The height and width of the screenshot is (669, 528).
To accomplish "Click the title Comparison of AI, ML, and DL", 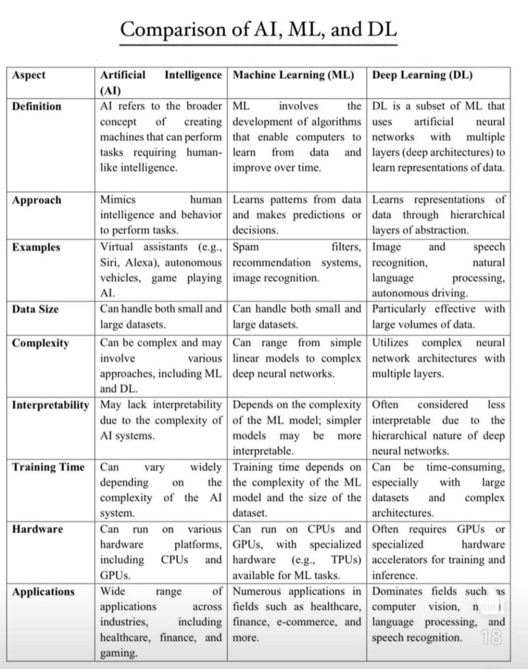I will click(258, 29).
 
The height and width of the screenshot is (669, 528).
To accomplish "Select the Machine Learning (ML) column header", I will click(293, 75).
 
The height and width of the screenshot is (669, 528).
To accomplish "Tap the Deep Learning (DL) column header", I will click(422, 75).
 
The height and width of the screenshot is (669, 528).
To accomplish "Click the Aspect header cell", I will click(29, 75).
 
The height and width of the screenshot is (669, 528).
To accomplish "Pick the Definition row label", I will click(37, 107).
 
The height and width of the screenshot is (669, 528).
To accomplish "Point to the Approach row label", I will click(37, 200).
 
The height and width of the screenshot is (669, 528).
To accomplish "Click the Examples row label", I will click(36, 247).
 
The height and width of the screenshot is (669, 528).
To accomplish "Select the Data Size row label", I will click(36, 309).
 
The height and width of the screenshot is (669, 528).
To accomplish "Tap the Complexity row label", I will click(40, 343).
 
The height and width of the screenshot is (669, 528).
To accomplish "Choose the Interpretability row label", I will click(50, 405).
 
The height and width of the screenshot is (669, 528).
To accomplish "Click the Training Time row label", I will click(48, 467).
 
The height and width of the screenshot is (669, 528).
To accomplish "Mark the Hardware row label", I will click(37, 529).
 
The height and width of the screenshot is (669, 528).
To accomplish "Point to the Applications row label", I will click(43, 592).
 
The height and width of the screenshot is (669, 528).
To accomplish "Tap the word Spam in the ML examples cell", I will click(246, 247).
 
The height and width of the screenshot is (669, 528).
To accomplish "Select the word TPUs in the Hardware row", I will click(346, 560).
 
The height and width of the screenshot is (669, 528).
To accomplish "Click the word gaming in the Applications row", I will click(119, 653).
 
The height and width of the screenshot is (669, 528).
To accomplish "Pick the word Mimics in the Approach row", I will click(118, 200).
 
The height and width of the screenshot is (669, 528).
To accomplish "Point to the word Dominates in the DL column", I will click(397, 591).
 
